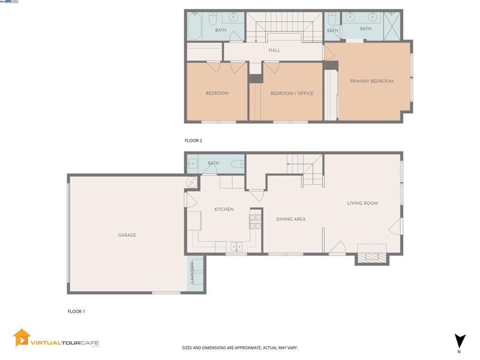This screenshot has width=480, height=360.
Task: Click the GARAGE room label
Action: click(127, 235)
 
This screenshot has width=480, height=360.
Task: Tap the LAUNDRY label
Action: click(192, 272)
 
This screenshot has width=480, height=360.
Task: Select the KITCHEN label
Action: click(224, 210)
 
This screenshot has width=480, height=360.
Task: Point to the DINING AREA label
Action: click(291, 219)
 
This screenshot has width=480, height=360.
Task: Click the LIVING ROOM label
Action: click(362, 203)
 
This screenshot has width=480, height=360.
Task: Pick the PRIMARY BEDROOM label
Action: click(372, 82)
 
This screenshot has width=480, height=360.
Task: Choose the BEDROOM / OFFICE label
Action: click(292, 94)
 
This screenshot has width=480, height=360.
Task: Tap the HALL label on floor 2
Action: click(274, 50)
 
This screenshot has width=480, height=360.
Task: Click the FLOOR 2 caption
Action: click(193, 141)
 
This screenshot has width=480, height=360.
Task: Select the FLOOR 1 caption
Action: click(76, 312)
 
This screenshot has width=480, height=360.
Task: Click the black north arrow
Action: click(460, 341)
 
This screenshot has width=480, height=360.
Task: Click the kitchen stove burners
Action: click(255, 221)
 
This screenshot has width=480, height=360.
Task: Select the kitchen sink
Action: click(236, 247)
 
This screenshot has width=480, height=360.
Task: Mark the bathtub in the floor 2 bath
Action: click(195, 26)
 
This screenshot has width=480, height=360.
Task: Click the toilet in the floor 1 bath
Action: click(238, 164)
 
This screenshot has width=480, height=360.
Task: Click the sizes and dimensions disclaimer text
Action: click(240, 348)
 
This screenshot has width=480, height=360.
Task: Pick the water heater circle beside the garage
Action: click(192, 182)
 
